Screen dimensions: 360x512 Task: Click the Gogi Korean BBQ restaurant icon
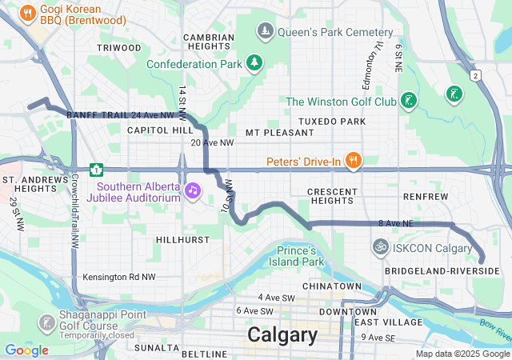tap(28, 12)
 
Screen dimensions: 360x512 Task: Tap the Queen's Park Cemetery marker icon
tap(265, 32)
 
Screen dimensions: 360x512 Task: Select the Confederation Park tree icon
tap(254, 62)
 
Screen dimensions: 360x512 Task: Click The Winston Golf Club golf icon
tap(409, 101)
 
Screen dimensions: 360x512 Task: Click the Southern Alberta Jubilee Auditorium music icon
tap(192, 190)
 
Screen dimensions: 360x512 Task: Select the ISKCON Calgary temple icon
tap(380, 248)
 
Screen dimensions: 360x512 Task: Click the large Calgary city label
tap(282, 334)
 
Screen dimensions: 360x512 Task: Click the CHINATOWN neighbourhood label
tap(332, 286)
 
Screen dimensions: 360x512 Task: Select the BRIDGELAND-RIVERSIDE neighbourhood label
tap(442, 272)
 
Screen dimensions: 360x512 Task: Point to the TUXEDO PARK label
tap(331, 122)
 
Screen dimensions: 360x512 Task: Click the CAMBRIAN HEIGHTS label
tap(208, 42)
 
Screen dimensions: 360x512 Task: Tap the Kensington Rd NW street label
tap(119, 278)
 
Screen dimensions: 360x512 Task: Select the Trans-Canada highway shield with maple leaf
tap(97, 170)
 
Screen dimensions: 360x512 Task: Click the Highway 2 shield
tap(475, 75)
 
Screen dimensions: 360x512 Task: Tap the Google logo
tap(26, 350)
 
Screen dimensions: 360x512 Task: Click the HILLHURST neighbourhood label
tap(182, 239)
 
